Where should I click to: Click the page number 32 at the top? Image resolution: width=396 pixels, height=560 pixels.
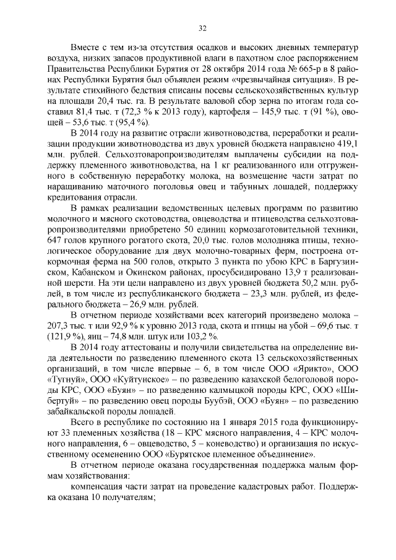[x=202, y=27]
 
